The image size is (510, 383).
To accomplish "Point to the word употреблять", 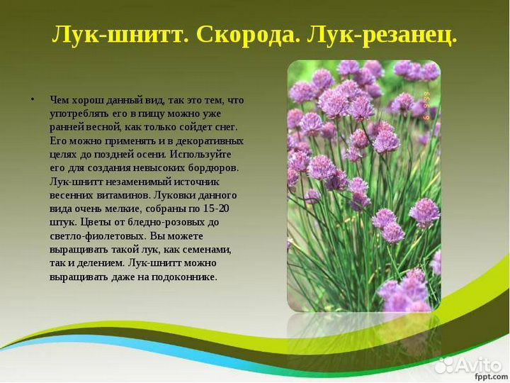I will point(79,113).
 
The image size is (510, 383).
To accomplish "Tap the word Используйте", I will point(200,154).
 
